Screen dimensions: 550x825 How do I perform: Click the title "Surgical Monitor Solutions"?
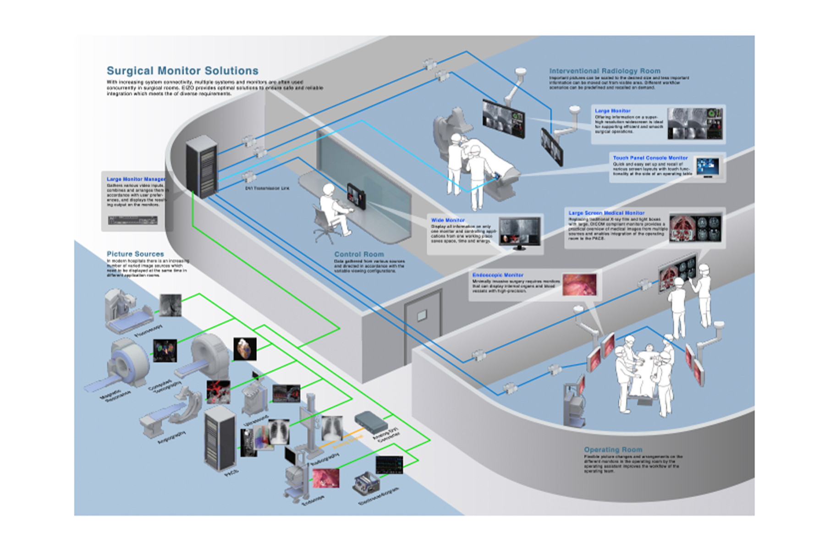point(182,71)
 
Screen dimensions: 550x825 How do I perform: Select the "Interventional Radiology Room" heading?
point(605,71)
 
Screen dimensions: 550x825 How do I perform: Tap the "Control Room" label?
point(359,254)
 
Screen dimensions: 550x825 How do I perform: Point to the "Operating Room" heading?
point(613,450)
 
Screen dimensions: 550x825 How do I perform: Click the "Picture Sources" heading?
point(135,254)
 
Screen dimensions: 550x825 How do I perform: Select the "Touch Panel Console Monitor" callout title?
point(650,158)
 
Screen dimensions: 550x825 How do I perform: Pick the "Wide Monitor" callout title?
point(447,220)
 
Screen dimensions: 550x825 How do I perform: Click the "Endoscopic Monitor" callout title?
point(498,275)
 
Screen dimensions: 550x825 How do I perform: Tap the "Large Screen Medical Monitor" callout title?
point(606,213)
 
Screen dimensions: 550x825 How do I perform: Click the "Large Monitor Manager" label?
point(136,179)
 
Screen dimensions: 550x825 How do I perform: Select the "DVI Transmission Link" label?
point(267,188)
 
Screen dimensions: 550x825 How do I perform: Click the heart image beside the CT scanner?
point(245,349)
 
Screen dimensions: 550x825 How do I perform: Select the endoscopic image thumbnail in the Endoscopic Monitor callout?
point(580,285)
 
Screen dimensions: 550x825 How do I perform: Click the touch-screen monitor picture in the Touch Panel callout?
point(708,167)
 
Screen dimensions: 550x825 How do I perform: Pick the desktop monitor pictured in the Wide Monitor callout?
point(519,232)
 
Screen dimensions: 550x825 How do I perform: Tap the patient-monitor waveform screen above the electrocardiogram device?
point(389,465)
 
